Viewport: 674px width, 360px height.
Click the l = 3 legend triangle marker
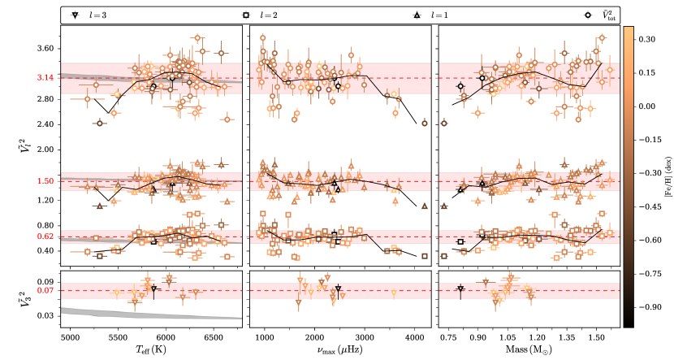point(76,15)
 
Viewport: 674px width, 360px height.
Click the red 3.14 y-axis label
point(45,78)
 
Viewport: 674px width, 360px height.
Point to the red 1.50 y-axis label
point(45,181)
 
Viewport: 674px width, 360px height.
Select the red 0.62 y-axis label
point(45,236)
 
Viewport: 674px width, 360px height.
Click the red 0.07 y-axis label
point(45,291)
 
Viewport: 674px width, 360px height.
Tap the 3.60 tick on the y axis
point(45,49)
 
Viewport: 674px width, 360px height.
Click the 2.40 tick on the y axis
point(45,124)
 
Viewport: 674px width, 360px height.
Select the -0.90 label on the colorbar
point(648,308)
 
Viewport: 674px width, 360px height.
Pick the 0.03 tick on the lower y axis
point(45,315)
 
